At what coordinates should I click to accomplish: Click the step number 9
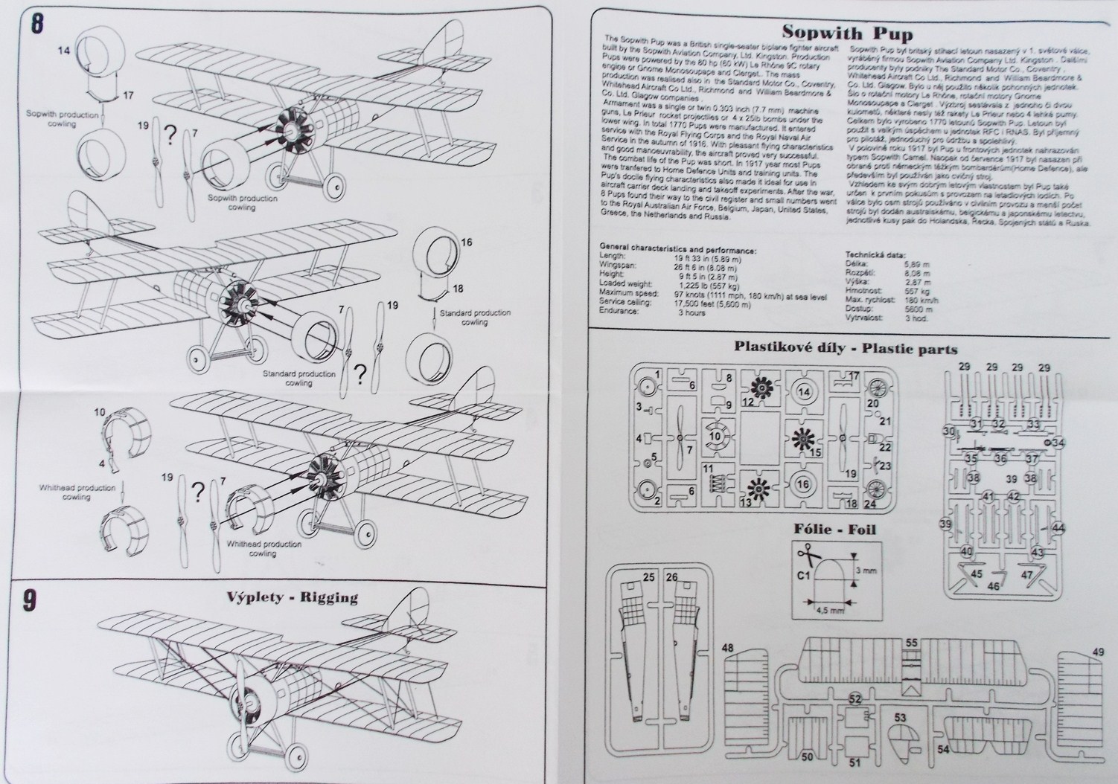click(x=31, y=602)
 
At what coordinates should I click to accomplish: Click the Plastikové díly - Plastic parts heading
click(x=846, y=347)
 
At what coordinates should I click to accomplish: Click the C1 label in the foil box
click(x=804, y=574)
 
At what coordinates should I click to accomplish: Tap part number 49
click(x=1099, y=652)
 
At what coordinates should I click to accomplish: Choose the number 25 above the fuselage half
click(x=648, y=576)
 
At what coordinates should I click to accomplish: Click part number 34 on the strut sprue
click(x=1059, y=443)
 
